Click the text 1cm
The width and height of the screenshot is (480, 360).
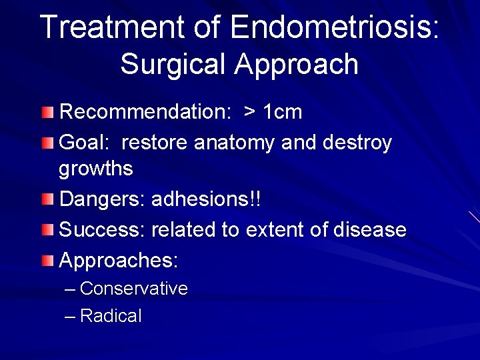point(283,112)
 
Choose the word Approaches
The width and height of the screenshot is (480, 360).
point(119,261)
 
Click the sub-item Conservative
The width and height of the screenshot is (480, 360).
point(133,289)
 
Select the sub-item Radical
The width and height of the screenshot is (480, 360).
point(111,316)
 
